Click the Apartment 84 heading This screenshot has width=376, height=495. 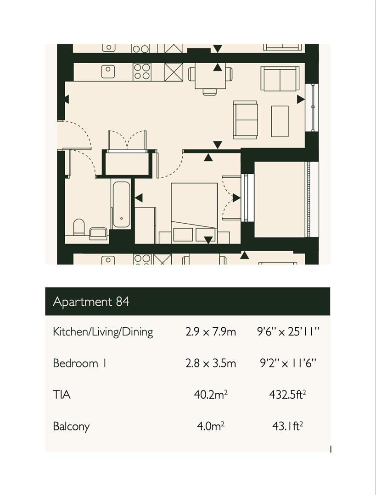tap(91, 302)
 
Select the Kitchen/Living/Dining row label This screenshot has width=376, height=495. tap(103, 331)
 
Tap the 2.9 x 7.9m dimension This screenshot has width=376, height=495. tap(211, 331)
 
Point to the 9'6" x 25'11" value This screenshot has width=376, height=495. tap(287, 331)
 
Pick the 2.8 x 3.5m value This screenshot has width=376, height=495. tap(211, 363)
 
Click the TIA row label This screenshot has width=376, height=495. tap(62, 394)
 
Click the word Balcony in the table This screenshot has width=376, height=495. tap(71, 426)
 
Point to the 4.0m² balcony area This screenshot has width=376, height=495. tap(211, 426)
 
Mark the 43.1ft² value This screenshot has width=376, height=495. tap(287, 426)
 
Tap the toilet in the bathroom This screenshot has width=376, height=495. tap(79, 227)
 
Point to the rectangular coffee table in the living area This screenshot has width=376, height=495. tap(280, 121)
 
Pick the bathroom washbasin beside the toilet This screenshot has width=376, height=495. tap(98, 233)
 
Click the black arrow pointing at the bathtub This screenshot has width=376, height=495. tap(138, 198)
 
